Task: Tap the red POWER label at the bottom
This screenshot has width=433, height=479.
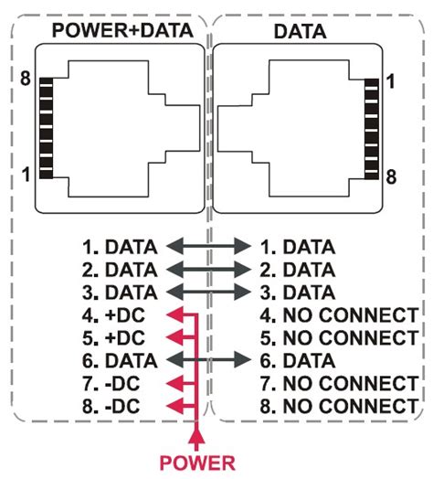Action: (x=197, y=462)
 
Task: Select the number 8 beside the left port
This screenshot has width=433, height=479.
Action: (x=26, y=80)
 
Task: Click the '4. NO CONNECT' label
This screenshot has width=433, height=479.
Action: (x=338, y=315)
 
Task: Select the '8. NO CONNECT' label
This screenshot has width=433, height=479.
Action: (x=338, y=405)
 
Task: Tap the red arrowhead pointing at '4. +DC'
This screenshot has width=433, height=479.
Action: (x=172, y=315)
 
